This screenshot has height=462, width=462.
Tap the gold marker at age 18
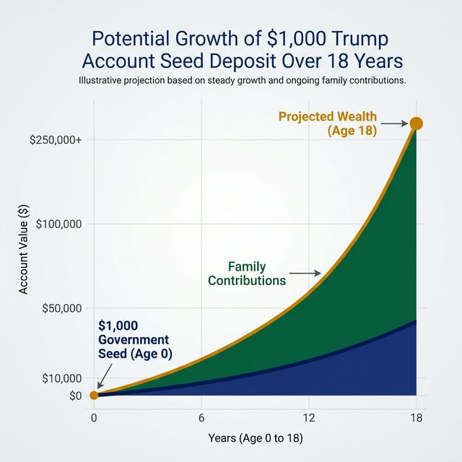coord(416,123)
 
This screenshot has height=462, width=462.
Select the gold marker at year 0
coord(94,395)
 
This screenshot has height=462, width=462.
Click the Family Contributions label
coord(246,274)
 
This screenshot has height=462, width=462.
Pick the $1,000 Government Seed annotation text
coord(134,339)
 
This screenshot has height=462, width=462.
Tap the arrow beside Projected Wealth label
coord(394,124)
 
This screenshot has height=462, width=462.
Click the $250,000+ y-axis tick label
coord(56,139)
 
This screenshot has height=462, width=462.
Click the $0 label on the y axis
coord(76,396)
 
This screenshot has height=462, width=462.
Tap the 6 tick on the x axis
coord(201,418)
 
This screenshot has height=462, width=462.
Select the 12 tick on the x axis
coord(309,418)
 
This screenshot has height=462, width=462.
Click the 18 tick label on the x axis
coord(417,418)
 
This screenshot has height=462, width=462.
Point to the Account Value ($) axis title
coord(24,250)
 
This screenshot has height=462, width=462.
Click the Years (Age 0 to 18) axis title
coord(255,438)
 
